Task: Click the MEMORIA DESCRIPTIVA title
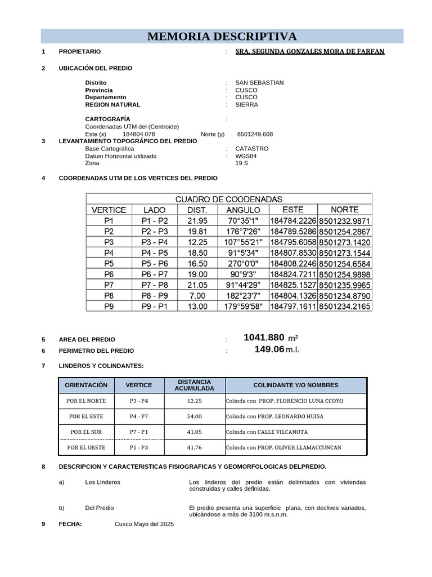(x=222, y=37)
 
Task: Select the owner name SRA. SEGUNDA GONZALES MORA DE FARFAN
(x=310, y=51)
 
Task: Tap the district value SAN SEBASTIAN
(x=259, y=83)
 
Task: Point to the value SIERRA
(x=246, y=105)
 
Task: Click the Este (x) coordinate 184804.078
(x=138, y=134)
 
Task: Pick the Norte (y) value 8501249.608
(x=255, y=134)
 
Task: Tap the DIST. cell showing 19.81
(x=197, y=232)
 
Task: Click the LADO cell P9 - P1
(x=154, y=307)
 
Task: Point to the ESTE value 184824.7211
(x=293, y=274)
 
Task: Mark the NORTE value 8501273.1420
(x=345, y=242)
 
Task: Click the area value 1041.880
(x=264, y=338)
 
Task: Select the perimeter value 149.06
(x=269, y=350)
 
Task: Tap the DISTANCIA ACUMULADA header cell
(x=194, y=385)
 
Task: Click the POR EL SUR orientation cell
(x=86, y=432)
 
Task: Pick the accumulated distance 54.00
(x=194, y=416)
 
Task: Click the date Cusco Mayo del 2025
(x=145, y=524)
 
